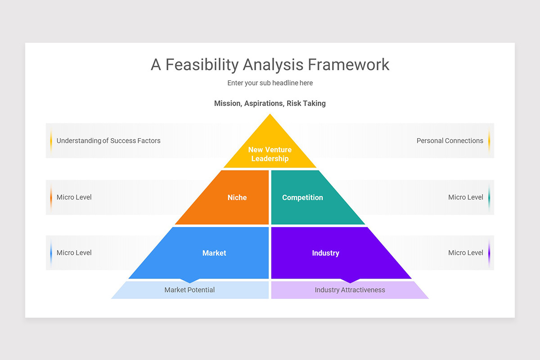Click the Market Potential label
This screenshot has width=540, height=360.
coord(189,290)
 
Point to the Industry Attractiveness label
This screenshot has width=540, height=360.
coord(350,290)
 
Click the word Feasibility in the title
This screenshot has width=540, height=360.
coord(202,65)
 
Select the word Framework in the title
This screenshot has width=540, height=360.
coord(349,65)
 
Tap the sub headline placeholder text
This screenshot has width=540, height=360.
coord(270,83)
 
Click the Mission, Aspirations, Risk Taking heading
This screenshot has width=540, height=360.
coord(270,103)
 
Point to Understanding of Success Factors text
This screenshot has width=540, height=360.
coord(108,141)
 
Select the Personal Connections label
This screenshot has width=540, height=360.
coord(450,141)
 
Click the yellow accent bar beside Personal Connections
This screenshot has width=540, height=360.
coord(489,141)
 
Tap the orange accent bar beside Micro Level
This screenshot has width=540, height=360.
coord(51,197)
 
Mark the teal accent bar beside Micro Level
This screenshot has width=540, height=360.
coord(489,197)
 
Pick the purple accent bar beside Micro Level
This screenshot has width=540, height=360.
coord(489,253)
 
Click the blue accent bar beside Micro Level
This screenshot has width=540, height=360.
coord(51,253)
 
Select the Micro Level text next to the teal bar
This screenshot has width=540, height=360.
coord(465,197)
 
